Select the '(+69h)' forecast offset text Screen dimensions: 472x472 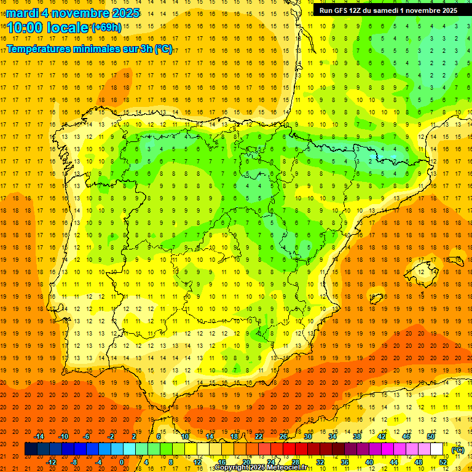click(x=106, y=27)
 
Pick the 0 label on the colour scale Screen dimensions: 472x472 click(x=122, y=462)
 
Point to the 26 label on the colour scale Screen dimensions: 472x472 click(x=283, y=436)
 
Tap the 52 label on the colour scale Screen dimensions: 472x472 click(x=443, y=462)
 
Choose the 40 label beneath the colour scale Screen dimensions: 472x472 click(x=369, y=462)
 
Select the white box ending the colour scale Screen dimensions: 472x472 click(x=437, y=449)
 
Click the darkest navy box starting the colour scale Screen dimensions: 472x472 click(x=31, y=449)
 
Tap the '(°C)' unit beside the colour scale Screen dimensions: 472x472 click(x=458, y=449)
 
